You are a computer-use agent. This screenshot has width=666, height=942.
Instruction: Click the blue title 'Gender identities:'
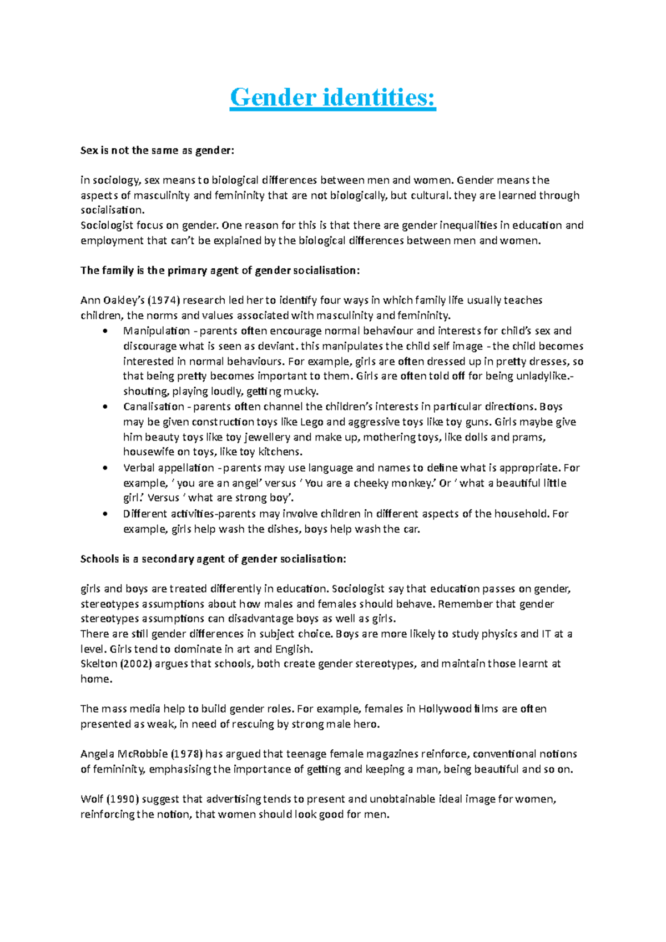coord(333,98)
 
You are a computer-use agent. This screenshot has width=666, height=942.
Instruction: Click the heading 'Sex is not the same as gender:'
coord(158,151)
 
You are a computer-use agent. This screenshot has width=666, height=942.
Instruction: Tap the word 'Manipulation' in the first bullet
coord(157,331)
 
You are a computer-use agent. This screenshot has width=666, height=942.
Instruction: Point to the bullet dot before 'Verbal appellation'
coord(104,468)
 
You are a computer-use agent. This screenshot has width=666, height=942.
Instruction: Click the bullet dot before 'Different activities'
coord(104,514)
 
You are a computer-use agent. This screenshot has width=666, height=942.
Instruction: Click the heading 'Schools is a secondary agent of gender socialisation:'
coord(213,559)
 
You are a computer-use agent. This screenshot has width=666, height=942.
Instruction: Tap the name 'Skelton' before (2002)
coord(99,664)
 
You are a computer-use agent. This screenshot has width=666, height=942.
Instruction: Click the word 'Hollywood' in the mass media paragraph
coord(445,709)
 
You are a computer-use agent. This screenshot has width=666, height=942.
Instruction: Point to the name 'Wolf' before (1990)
coord(92,800)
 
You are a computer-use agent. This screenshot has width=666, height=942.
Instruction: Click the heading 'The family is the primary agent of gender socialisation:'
coord(220,271)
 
